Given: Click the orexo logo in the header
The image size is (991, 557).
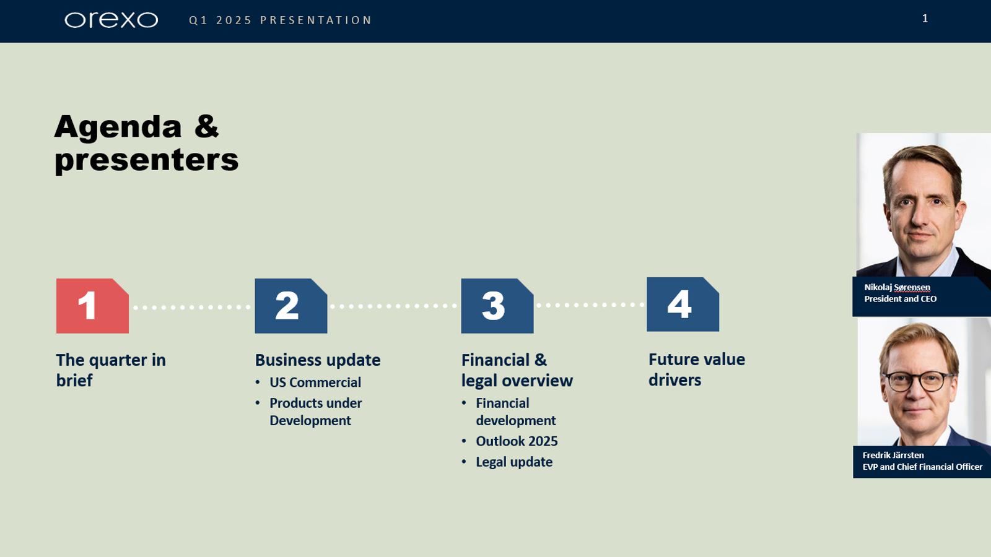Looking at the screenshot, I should click(111, 20).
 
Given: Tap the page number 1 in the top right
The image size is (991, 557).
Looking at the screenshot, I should click(925, 19).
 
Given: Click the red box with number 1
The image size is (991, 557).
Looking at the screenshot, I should click(92, 306).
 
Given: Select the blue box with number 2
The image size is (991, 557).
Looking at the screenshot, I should click(290, 306).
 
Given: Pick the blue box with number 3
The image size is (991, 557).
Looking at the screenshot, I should click(497, 306).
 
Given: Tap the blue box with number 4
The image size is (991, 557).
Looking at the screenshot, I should click(683, 304).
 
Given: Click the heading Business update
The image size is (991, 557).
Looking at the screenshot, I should click(318, 360).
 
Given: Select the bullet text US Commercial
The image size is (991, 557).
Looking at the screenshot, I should click(315, 382).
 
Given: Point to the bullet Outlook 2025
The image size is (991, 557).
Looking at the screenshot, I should click(517, 441).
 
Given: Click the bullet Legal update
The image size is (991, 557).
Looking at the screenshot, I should click(514, 462).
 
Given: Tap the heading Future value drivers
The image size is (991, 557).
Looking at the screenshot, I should click(696, 369).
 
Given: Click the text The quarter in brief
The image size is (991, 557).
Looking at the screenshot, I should click(111, 369).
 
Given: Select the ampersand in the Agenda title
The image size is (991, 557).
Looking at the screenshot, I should click(206, 126).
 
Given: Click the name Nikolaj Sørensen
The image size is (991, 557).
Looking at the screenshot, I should click(897, 287).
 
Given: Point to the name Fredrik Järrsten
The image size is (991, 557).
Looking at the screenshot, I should click(893, 455).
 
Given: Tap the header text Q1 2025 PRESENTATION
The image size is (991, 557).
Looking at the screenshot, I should click(280, 20).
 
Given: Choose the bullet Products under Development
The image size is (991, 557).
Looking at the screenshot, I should click(315, 412).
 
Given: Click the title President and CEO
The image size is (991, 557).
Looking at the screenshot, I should click(900, 299).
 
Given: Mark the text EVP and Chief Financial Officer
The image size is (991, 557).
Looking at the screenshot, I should click(922, 467).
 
